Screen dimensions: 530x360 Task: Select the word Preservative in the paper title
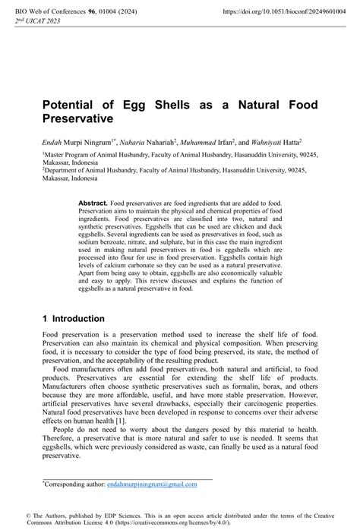[77, 119]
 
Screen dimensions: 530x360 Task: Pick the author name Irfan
[233, 141]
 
